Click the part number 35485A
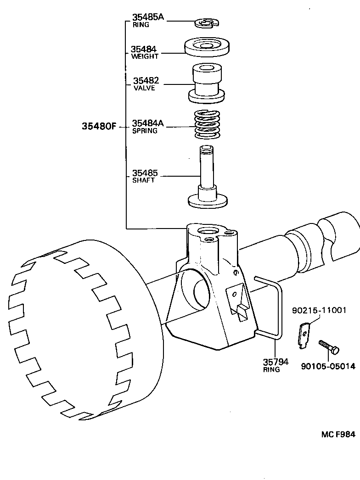click(x=148, y=17)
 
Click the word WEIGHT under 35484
click(x=145, y=56)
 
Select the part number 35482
click(x=146, y=80)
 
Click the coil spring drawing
click(x=207, y=124)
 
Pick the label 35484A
click(x=148, y=123)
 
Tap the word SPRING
click(x=145, y=131)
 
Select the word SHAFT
click(x=143, y=180)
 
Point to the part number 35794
click(x=276, y=362)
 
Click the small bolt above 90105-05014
click(x=329, y=346)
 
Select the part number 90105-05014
click(x=328, y=366)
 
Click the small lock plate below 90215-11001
click(x=304, y=335)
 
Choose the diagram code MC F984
click(x=337, y=434)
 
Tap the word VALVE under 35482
click(x=144, y=88)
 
